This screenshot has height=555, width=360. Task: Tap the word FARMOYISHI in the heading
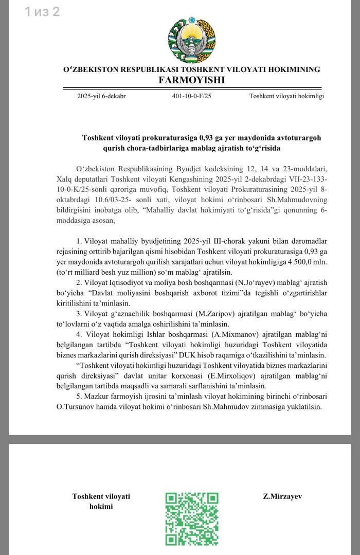pos(191,80)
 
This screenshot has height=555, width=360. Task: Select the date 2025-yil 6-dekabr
pos(101,96)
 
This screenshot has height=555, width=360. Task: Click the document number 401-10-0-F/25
pos(192,96)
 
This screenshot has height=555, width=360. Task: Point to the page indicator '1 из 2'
pos(42,11)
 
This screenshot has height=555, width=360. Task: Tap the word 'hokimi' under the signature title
pos(101,507)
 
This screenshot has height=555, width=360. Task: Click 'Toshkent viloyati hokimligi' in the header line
pos(286,96)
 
